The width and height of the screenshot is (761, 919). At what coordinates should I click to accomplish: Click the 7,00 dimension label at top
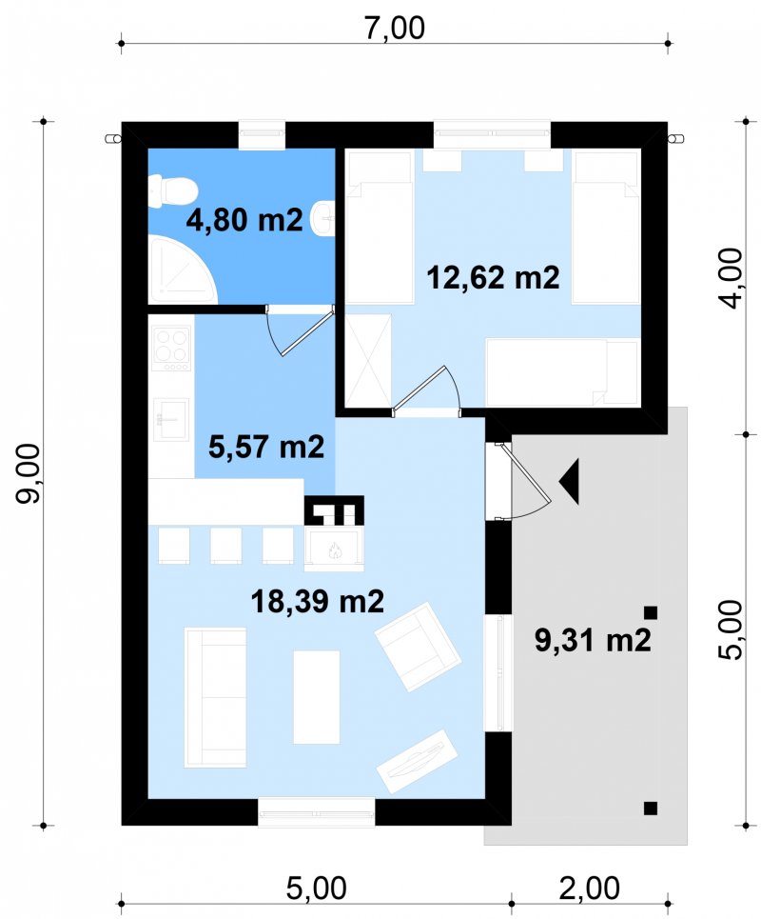tap(395, 28)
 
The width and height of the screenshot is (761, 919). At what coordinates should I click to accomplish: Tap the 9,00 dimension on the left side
tap(29, 473)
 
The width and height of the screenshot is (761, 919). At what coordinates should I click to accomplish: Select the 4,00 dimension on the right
tap(731, 278)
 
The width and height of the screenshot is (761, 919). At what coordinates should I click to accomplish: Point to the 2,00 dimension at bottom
tap(590, 888)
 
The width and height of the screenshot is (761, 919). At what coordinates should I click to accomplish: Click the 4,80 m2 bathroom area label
tap(244, 220)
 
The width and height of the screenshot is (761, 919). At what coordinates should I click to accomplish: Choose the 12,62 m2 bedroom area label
tap(493, 276)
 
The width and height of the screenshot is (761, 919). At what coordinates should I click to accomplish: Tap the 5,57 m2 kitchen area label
tap(266, 447)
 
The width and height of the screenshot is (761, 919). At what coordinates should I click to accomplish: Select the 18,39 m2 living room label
tap(318, 601)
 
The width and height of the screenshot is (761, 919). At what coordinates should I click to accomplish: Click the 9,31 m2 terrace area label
tap(593, 640)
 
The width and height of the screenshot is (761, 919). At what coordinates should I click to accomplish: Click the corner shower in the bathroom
tap(183, 270)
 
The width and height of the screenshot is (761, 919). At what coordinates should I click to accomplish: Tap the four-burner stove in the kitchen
tap(171, 349)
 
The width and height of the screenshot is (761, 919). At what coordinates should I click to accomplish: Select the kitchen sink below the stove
tap(171, 419)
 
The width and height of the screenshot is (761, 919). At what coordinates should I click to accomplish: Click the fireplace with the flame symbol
tap(334, 549)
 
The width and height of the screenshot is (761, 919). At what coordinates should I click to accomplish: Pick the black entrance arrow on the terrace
tap(570, 482)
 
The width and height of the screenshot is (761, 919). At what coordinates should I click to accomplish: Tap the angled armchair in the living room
tap(418, 647)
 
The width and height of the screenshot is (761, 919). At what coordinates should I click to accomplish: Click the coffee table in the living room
tap(316, 696)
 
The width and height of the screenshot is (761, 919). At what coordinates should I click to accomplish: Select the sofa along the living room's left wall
tap(215, 697)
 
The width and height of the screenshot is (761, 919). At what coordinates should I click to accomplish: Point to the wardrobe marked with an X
tap(367, 360)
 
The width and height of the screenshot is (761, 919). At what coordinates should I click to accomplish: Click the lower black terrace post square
tap(651, 809)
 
